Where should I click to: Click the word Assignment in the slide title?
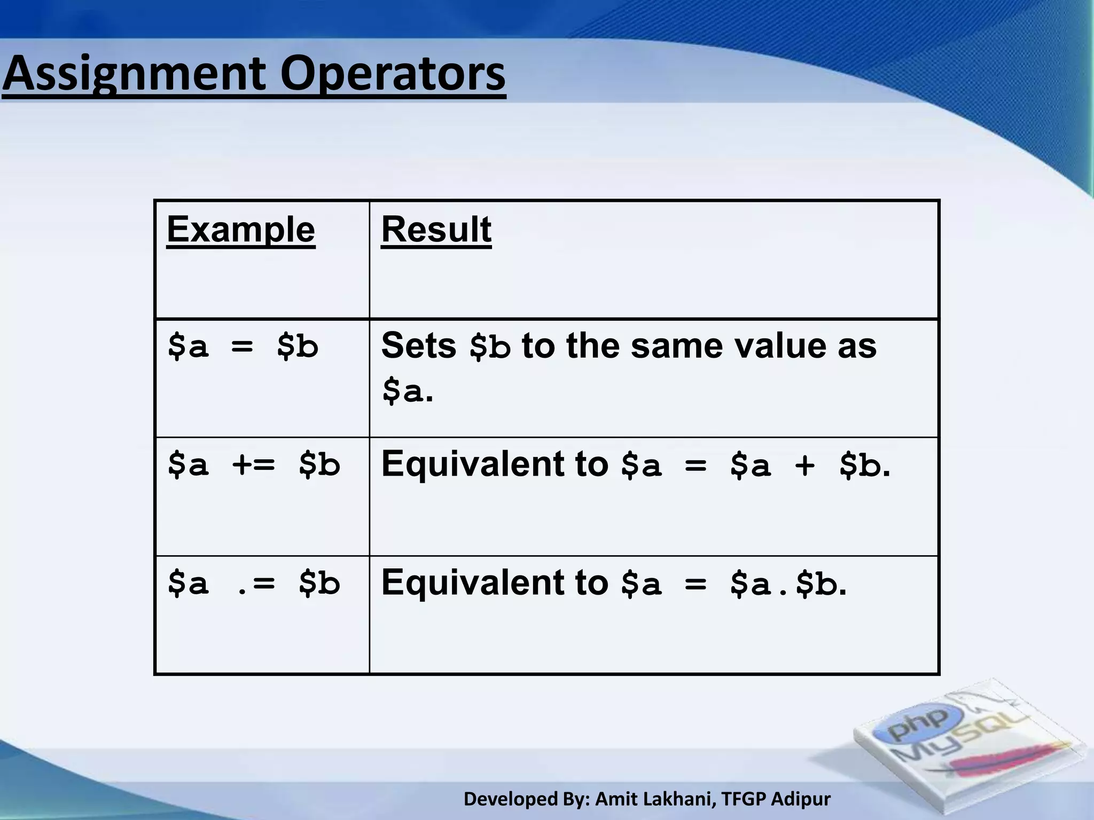point(134,75)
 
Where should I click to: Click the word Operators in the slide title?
point(393,75)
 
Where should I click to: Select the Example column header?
point(240,230)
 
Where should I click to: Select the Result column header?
point(436,230)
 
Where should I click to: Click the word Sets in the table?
point(418,346)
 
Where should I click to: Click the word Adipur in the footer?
point(801,799)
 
